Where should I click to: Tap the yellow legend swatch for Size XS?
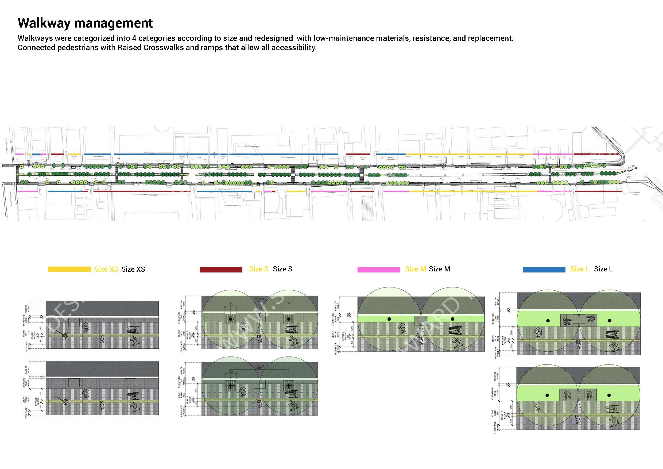(x=69, y=269)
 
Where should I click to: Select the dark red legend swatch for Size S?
(x=221, y=270)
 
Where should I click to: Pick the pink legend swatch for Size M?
(x=379, y=270)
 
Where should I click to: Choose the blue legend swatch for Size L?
(x=544, y=270)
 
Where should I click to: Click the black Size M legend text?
(x=439, y=269)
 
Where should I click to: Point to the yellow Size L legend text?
(x=579, y=269)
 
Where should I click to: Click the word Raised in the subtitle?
(x=129, y=47)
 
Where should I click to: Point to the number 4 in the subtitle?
(x=134, y=38)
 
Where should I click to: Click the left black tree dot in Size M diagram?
(x=389, y=319)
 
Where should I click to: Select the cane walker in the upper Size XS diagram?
(x=65, y=335)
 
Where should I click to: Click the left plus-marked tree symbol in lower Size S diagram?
(x=230, y=386)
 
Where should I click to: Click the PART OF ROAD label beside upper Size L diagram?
(x=496, y=301)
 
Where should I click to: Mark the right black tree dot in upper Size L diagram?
(x=609, y=321)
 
